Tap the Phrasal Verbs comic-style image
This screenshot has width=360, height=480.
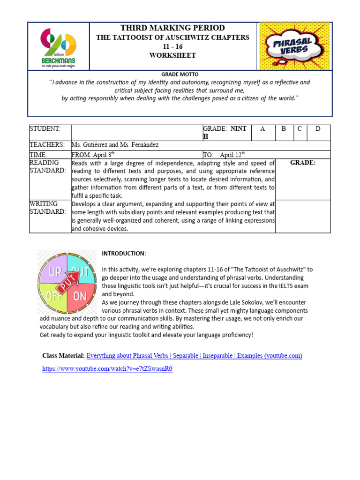pyautogui.click(x=295, y=46)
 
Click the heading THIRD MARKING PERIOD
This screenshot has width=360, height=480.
pyautogui.click(x=172, y=28)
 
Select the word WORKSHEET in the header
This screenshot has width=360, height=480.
pyautogui.click(x=172, y=55)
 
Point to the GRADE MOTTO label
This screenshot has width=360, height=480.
pyautogui.click(x=180, y=75)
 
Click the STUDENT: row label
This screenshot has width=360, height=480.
pyautogui.click(x=45, y=129)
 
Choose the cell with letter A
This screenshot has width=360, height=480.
pyautogui.click(x=262, y=129)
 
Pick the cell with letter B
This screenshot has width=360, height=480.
pyautogui.click(x=284, y=129)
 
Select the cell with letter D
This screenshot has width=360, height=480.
pyautogui.click(x=318, y=129)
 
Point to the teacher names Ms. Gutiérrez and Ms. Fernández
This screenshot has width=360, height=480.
pyautogui.click(x=115, y=145)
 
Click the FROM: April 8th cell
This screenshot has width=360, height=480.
pyautogui.click(x=93, y=155)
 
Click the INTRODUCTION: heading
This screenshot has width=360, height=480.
pyautogui.click(x=124, y=254)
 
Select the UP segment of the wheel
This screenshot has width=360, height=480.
pyautogui.click(x=54, y=270)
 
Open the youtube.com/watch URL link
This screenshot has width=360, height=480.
pyautogui.click(x=107, y=369)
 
